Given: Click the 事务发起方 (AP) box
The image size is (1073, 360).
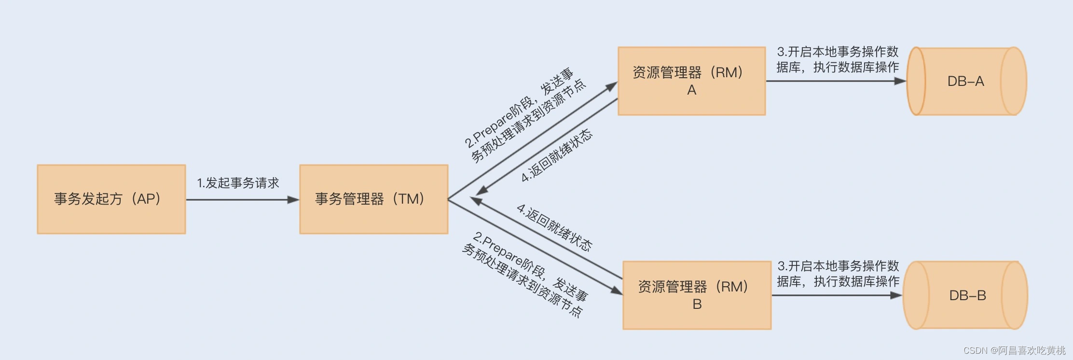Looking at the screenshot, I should (x=111, y=199).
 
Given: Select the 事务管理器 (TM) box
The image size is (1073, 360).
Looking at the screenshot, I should (x=373, y=199).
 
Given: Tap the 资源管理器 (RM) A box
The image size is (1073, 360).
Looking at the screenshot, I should (x=691, y=81).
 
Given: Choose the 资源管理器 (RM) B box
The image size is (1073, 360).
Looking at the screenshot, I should (x=697, y=295).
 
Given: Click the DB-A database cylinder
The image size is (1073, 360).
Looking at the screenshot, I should (x=966, y=81).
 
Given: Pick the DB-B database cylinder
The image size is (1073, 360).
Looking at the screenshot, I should (x=966, y=295).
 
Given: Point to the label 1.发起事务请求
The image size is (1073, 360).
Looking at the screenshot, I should (x=238, y=183).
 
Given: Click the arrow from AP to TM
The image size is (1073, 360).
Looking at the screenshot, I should (x=241, y=199).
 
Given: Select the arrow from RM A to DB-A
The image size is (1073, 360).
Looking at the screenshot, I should (x=835, y=81).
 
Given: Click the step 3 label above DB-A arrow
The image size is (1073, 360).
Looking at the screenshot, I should (x=838, y=59).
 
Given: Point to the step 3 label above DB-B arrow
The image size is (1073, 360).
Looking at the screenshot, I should (x=838, y=274).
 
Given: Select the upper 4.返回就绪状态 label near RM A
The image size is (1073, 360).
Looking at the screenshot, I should (x=557, y=155).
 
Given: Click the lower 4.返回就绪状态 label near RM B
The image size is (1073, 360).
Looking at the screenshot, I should (x=554, y=227).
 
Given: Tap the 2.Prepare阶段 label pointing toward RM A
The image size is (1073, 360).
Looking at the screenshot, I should (x=525, y=115).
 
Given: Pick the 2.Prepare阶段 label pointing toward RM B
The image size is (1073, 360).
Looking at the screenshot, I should (x=525, y=274).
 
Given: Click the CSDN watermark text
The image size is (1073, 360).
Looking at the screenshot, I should (x=1014, y=350).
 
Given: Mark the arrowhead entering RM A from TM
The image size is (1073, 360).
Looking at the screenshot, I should (x=612, y=86).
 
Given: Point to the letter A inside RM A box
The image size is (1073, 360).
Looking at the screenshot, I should (x=691, y=90).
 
